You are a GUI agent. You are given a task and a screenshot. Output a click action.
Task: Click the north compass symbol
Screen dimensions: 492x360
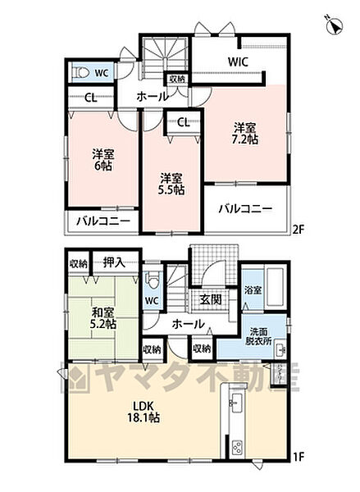pyautogui.click(x=334, y=26)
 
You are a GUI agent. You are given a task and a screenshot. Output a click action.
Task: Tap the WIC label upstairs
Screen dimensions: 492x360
pyautogui.click(x=238, y=61)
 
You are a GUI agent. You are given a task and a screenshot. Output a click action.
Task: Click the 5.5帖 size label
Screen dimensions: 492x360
pyautogui.click(x=171, y=183)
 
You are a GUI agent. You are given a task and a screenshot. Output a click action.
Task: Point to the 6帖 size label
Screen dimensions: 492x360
pyautogui.click(x=102, y=158)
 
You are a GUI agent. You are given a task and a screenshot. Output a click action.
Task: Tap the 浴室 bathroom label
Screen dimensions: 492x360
pyautogui.click(x=253, y=289)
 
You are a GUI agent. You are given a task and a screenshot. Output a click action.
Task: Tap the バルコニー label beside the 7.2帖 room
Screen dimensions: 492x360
pyautogui.click(x=246, y=209)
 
